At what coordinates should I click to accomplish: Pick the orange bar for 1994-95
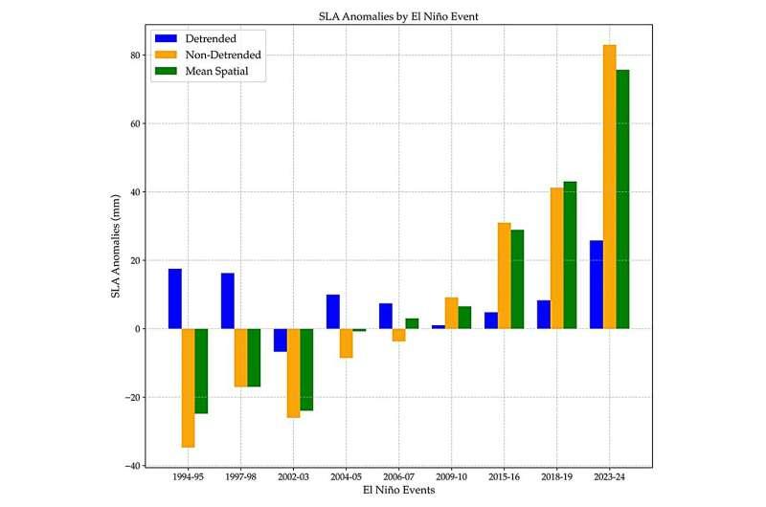pos(189,387)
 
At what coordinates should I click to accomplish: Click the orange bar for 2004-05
pos(347,342)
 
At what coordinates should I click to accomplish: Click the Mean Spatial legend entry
pos(206,71)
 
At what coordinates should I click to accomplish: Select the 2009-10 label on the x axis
pos(452,476)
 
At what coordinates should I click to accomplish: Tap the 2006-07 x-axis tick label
pos(399,476)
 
